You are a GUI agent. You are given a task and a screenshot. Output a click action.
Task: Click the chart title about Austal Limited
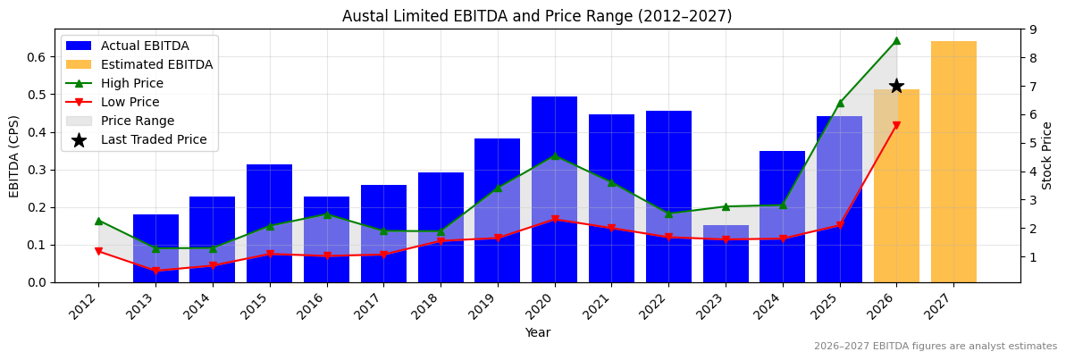tap(537, 16)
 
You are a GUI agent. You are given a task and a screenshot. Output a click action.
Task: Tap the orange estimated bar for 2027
tap(953, 161)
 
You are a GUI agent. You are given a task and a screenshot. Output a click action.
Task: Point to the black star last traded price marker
tap(896, 86)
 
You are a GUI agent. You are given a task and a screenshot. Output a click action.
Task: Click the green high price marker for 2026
tap(896, 40)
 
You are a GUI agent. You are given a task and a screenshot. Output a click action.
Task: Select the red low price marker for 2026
tap(896, 126)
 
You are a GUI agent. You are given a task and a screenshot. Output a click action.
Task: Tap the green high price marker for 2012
tap(98, 221)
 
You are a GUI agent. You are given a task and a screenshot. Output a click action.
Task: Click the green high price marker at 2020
tap(555, 155)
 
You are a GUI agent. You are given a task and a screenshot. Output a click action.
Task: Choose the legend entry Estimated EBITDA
tap(156, 64)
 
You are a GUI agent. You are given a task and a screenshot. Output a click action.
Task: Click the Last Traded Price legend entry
tap(153, 139)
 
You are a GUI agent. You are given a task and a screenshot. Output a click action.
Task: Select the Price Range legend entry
tap(137, 121)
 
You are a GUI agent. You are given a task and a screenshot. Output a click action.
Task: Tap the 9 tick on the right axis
tap(1032, 29)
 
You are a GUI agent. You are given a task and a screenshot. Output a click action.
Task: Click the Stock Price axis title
tap(1047, 155)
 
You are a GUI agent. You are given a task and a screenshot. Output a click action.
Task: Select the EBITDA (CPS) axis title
tap(14, 155)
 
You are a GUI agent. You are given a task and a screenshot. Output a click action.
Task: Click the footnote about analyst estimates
tap(935, 347)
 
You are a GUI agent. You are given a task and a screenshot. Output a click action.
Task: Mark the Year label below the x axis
tap(537, 332)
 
